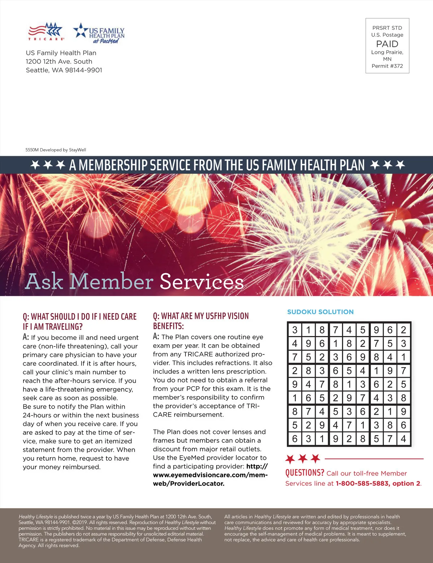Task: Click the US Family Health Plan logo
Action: pyautogui.click(x=99, y=34)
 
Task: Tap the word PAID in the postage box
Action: pyautogui.click(x=387, y=44)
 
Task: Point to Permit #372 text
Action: pyautogui.click(x=387, y=66)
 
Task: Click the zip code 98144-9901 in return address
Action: pyautogui.click(x=83, y=70)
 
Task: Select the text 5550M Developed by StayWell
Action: pyautogui.click(x=56, y=150)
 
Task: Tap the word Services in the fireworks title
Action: pyautogui.click(x=201, y=281)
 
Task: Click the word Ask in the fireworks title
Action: pyautogui.click(x=44, y=281)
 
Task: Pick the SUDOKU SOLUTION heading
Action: pyautogui.click(x=320, y=312)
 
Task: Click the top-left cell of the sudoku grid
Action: pyautogui.click(x=295, y=330)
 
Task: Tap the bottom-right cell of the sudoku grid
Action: pyautogui.click(x=403, y=439)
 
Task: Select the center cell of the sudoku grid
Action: pyautogui.click(x=349, y=384)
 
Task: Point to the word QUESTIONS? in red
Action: pyautogui.click(x=305, y=473)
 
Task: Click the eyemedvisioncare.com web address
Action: pyautogui.click(x=210, y=475)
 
